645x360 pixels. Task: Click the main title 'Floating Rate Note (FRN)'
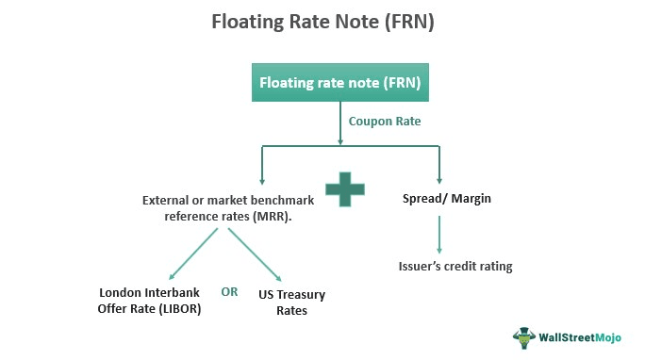click(x=322, y=21)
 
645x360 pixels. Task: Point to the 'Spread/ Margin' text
click(x=437, y=200)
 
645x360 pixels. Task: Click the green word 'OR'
click(x=229, y=291)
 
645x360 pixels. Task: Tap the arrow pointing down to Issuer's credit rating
click(x=437, y=233)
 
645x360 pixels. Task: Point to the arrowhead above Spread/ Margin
click(x=437, y=183)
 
